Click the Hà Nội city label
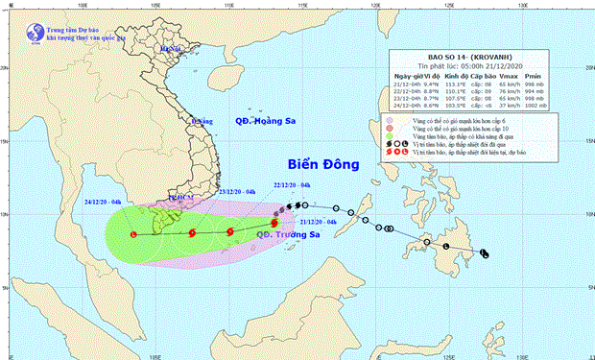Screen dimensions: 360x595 coord(171,48)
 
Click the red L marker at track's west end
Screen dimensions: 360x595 coord(133,233)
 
